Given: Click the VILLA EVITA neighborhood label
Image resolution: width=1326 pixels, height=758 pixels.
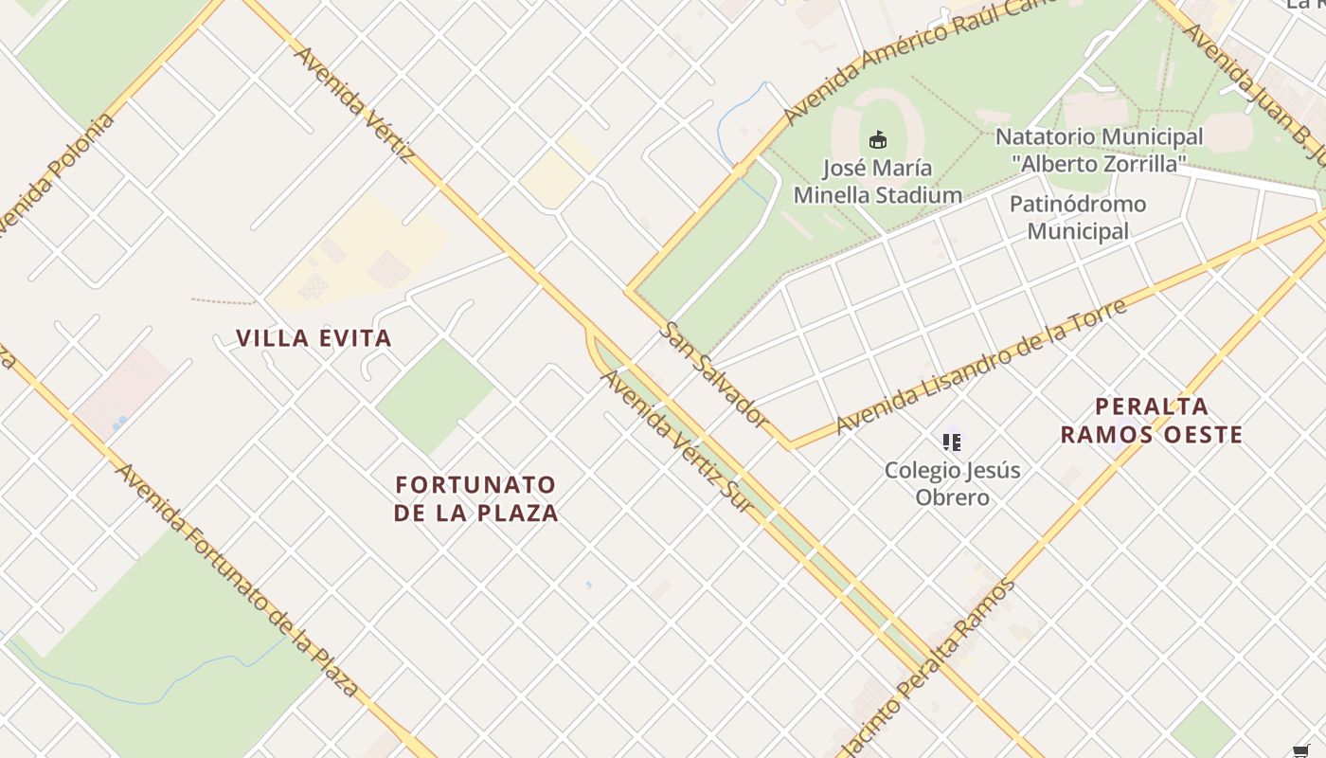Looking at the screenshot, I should pos(314,338).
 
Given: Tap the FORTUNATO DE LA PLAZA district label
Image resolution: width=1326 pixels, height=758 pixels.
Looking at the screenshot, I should pos(476,498).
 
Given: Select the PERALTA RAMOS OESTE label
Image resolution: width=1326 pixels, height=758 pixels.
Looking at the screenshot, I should pos(1151,421).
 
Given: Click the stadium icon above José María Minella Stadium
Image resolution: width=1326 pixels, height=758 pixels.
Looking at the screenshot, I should pos(878,140).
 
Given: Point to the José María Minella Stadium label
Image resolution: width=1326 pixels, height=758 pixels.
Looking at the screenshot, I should pos(877,182).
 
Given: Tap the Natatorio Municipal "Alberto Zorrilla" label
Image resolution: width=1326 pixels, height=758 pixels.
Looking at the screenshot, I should pos(1099,150).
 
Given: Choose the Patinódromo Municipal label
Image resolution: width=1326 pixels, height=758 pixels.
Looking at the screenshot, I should pos(1078,217).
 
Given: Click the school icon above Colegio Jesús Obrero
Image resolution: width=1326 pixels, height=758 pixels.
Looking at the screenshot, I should pos(952,442).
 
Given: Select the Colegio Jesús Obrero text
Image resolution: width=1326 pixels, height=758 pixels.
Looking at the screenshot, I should pos(952,483).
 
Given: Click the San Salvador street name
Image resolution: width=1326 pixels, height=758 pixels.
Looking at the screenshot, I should pos(713,373).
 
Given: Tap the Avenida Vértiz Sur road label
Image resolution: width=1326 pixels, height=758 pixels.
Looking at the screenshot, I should pos(678,442).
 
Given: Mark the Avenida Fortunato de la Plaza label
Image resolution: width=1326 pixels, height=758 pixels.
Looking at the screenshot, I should pos(236,579).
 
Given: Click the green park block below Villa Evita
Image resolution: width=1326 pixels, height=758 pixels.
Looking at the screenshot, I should pos(435,396).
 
